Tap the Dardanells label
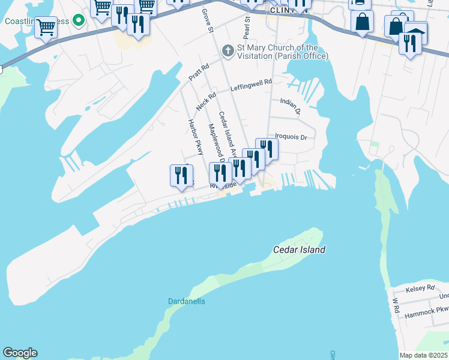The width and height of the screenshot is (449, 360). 185,301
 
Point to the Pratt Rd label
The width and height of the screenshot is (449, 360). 198,73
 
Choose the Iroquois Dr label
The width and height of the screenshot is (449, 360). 291,137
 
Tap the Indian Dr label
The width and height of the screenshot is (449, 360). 289,106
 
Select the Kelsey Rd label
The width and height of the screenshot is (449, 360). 420,289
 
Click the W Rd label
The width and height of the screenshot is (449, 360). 396,305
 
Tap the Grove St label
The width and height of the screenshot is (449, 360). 208,21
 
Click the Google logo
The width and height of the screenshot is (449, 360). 20,353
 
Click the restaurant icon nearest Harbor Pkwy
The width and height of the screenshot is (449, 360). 181,175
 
